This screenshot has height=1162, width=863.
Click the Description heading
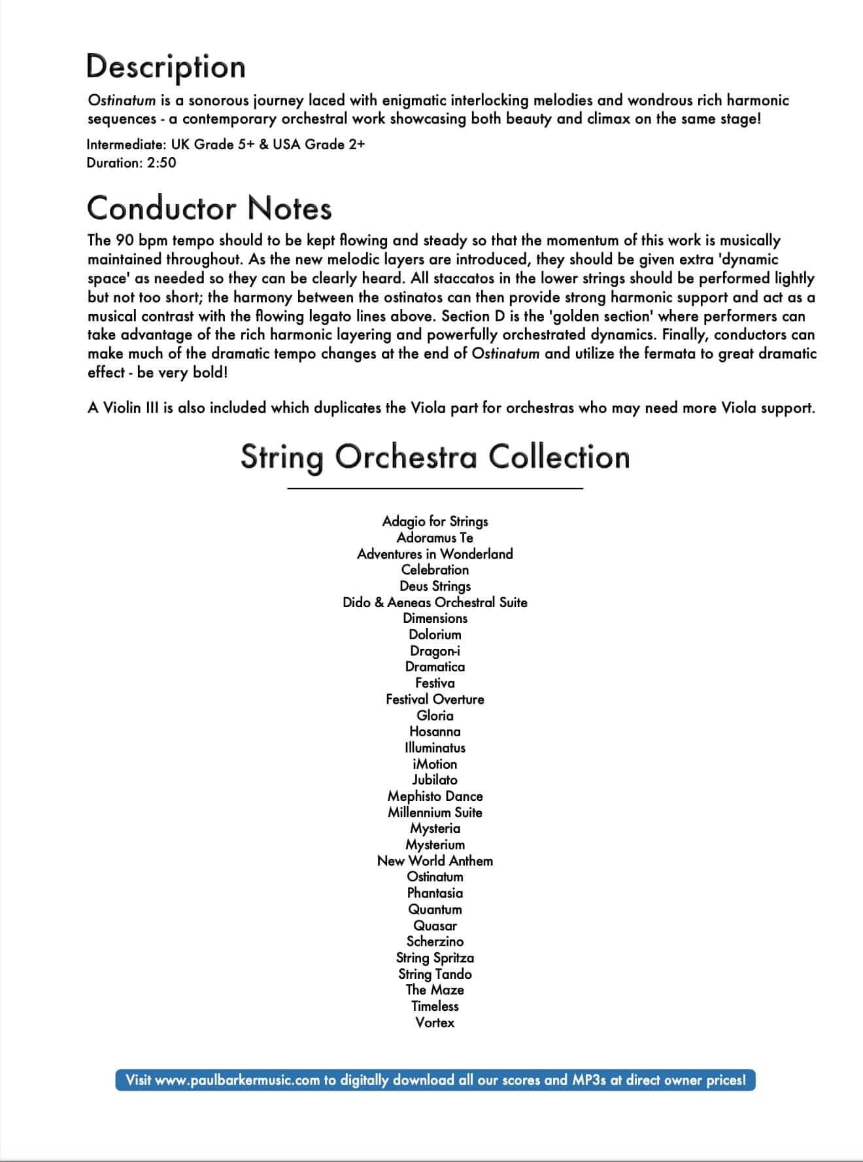pyautogui.click(x=166, y=67)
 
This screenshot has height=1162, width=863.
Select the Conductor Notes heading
pyautogui.click(x=209, y=208)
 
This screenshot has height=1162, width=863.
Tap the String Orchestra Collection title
pyautogui.click(x=435, y=456)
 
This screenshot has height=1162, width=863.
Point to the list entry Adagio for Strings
pyautogui.click(x=435, y=521)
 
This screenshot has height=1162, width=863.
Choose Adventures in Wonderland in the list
pyautogui.click(x=435, y=554)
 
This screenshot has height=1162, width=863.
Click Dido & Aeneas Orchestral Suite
pyautogui.click(x=435, y=602)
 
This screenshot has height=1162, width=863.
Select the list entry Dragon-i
pyautogui.click(x=435, y=650)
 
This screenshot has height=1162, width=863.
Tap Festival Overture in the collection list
pyautogui.click(x=435, y=699)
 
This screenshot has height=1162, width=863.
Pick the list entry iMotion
pyautogui.click(x=435, y=764)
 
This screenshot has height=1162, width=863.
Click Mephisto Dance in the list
pyautogui.click(x=435, y=796)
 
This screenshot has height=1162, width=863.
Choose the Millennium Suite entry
pyautogui.click(x=435, y=812)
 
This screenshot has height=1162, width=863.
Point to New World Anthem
pyautogui.click(x=435, y=860)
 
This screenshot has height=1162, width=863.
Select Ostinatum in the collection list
pyautogui.click(x=435, y=877)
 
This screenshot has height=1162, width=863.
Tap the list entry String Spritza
pyautogui.click(x=435, y=957)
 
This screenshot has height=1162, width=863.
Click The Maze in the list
pyautogui.click(x=435, y=989)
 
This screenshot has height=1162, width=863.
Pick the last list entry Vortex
pyautogui.click(x=435, y=1022)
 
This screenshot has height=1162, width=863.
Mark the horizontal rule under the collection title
pyautogui.click(x=435, y=488)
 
